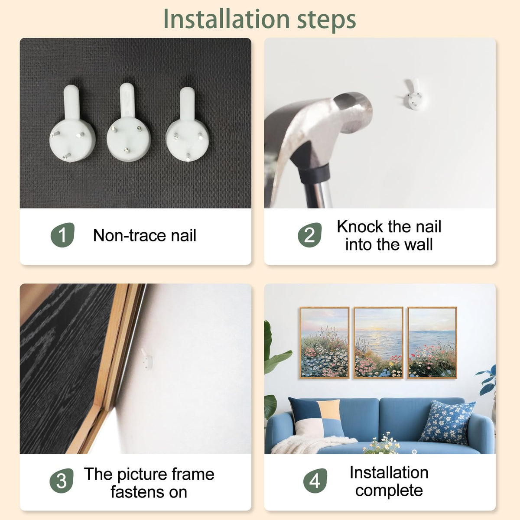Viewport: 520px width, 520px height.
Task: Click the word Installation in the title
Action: pos(226,19)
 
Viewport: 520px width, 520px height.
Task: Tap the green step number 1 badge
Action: pos(62,235)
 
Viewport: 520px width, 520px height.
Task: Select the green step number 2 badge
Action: pos(309,235)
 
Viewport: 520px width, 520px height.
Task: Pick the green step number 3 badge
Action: pos(62,481)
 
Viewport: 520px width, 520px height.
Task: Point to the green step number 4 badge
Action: pos(315,481)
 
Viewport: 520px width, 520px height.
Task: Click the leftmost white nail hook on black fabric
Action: pos(72,124)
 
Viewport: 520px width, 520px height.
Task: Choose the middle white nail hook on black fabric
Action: pos(128,123)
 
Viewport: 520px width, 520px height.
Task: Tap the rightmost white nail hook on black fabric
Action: pos(187,125)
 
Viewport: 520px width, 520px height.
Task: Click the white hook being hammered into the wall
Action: pos(413,95)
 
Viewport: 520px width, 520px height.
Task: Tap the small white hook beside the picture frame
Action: pos(147,359)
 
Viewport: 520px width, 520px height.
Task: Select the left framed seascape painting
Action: pos(325,342)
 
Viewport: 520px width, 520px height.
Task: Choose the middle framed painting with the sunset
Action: pos(378,342)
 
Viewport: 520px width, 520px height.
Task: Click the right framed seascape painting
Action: pos(432,342)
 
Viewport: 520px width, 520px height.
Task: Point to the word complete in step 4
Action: pos(389,490)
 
